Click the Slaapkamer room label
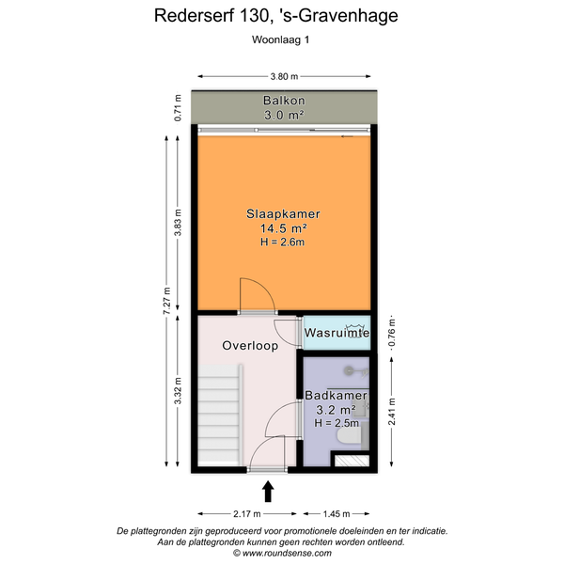pos(283,213)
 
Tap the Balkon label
pos(284,100)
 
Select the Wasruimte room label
pos(337,333)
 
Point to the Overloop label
pos(250,346)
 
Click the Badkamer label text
pos(336,396)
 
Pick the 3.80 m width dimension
pos(284,76)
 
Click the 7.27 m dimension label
pos(166,301)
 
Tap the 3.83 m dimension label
pos(178,222)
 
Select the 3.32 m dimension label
pos(178,391)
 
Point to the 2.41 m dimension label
pos(392,412)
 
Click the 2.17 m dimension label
pos(246,513)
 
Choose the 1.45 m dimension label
pos(337,513)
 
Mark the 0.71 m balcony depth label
pos(178,107)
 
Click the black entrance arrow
pos(268,492)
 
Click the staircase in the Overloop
pos(220,414)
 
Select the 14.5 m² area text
pos(284,228)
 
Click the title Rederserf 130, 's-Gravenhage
pos(275,16)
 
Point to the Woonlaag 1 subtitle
pos(280,39)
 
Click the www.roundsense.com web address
pos(287,553)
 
